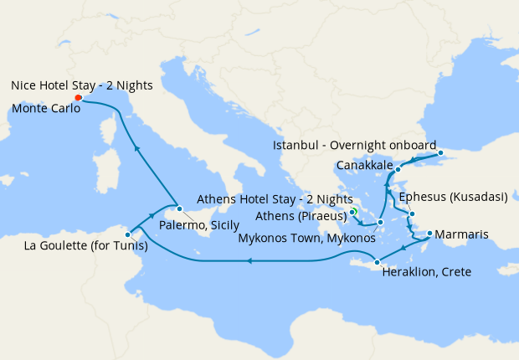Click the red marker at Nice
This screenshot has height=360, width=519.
77,97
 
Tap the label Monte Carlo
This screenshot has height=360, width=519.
41,107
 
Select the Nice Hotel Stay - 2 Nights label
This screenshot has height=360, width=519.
78,85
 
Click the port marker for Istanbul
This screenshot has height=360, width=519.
440,153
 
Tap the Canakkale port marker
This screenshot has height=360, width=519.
398,170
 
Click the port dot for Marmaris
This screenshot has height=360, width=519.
429,234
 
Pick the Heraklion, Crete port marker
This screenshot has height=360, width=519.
377,263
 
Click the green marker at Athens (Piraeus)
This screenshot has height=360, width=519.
353,212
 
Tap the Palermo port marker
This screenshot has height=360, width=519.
179,207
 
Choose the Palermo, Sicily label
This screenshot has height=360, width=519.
199,226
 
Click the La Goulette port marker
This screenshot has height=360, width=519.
127,234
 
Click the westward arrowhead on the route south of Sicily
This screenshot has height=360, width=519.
249,261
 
